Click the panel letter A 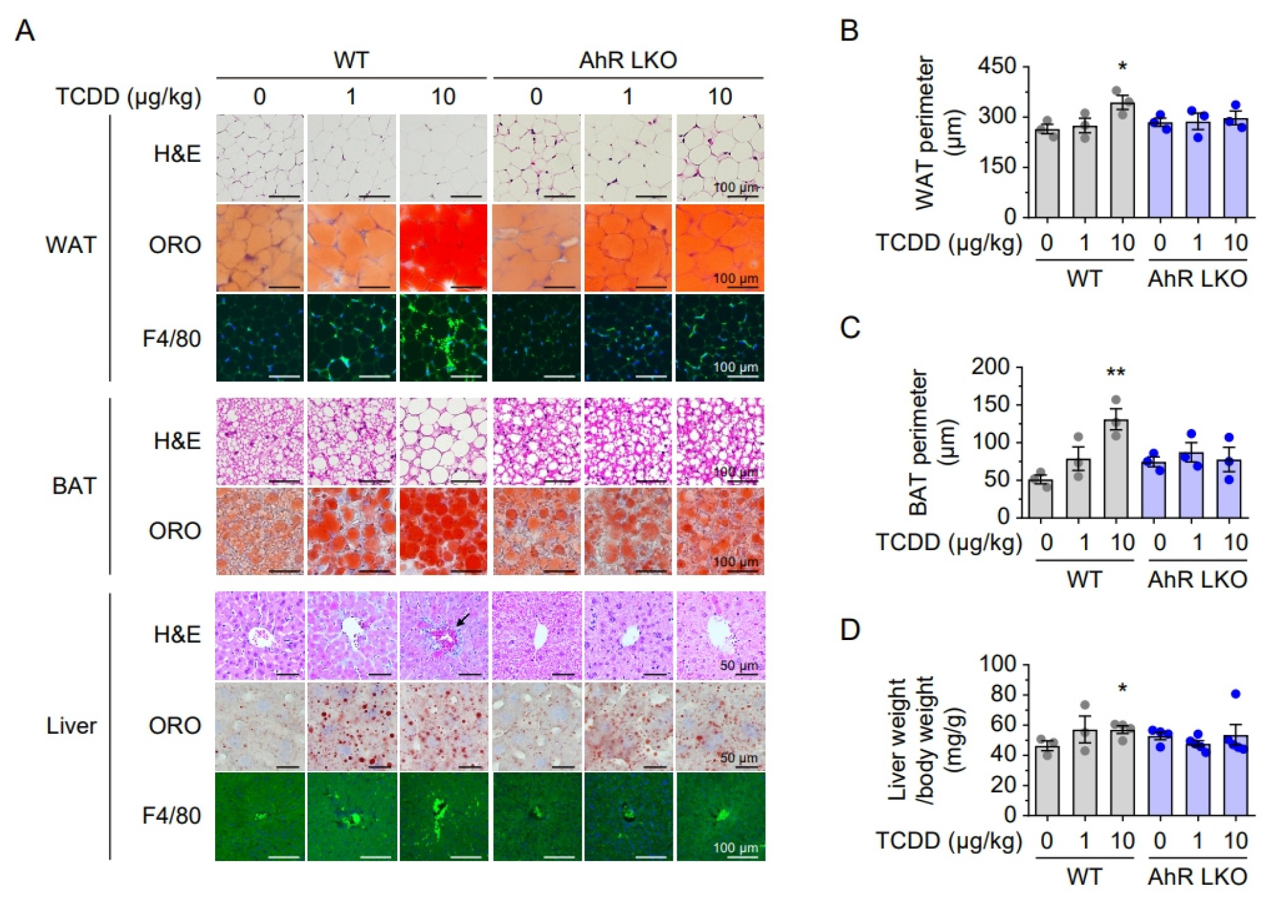[24, 30]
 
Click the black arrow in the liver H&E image [462, 620]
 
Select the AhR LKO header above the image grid [627, 60]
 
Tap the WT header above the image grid [351, 60]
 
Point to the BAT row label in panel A [74, 485]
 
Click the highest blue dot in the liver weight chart [1235, 693]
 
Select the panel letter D [850, 630]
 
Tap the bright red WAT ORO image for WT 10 [443, 248]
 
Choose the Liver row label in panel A [71, 725]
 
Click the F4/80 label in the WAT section [171, 338]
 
